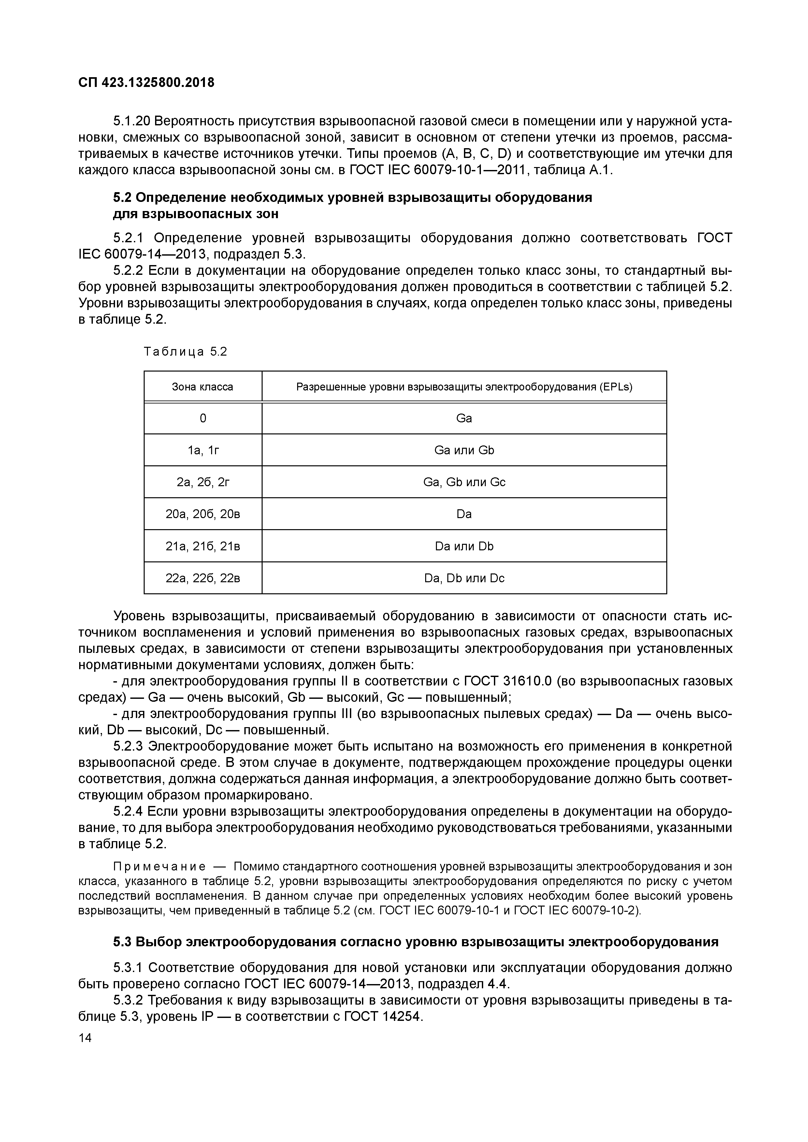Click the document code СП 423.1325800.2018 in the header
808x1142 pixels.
146,83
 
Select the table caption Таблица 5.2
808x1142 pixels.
185,352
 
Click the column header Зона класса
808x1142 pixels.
203,387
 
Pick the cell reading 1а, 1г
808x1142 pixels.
203,450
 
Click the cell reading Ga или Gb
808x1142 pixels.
464,450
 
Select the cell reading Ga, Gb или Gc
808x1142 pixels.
464,482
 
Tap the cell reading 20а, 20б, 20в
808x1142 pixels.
203,514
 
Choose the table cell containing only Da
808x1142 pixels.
464,514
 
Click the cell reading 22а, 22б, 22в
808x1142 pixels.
203,578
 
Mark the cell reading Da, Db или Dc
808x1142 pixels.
464,578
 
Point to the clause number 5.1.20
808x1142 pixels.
131,121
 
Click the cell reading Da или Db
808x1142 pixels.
464,546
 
